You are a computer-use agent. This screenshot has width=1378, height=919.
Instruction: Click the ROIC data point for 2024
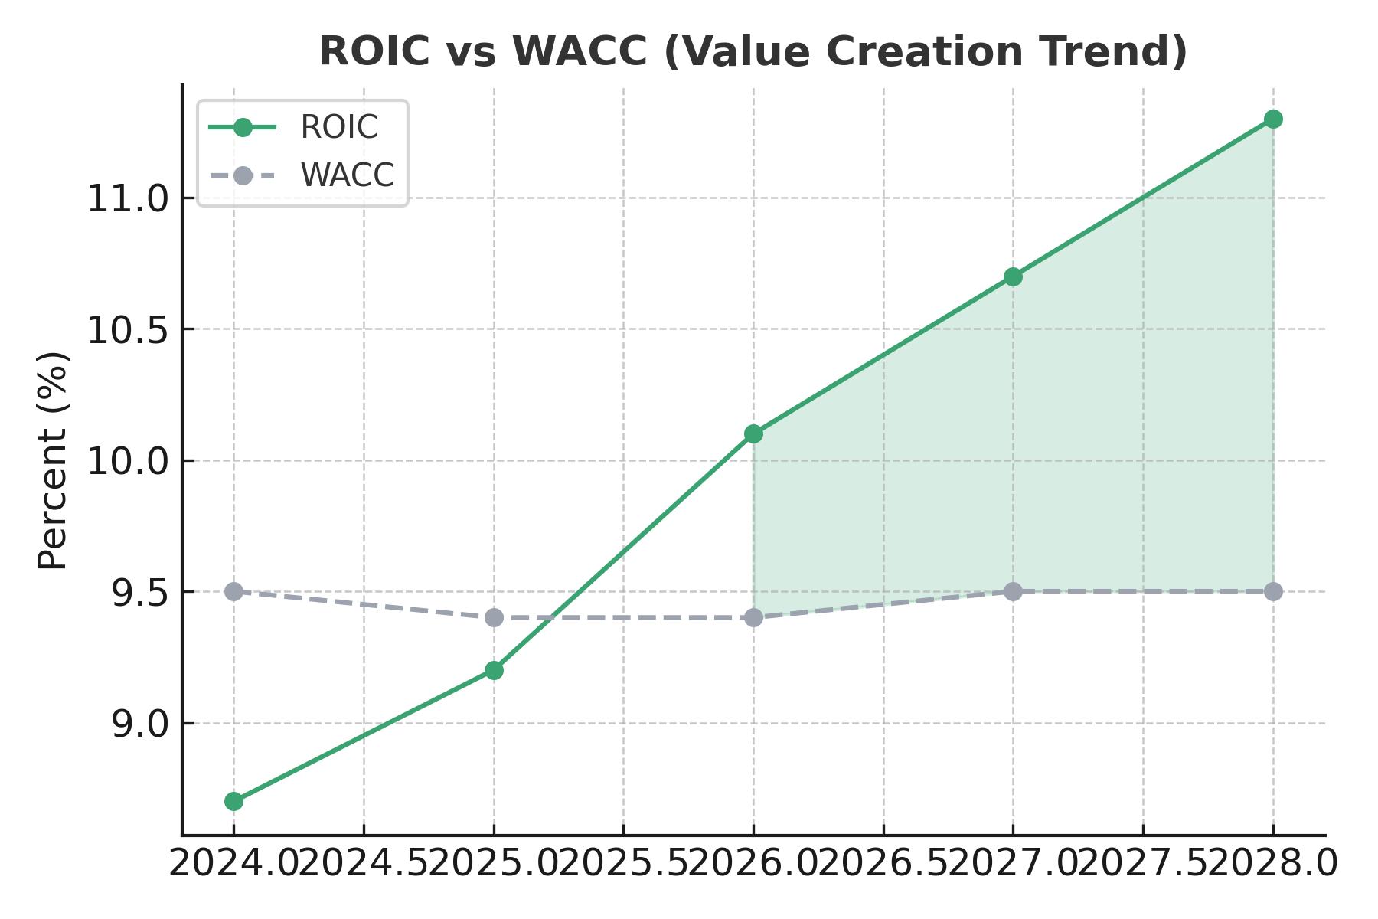(233, 801)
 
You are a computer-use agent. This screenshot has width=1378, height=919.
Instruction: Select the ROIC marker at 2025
(494, 670)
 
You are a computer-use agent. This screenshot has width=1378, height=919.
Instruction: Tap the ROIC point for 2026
(753, 433)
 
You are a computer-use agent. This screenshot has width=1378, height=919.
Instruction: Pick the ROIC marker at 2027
(1013, 276)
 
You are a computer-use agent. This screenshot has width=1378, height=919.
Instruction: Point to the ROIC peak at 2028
(1273, 119)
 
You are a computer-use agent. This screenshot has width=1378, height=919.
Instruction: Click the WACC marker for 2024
(233, 591)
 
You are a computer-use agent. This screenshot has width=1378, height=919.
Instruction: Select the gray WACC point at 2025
(494, 617)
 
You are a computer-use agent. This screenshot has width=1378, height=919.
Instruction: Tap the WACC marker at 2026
(753, 617)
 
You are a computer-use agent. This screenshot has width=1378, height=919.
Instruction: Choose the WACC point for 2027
(1013, 591)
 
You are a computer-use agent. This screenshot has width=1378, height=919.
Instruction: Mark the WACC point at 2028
(1273, 591)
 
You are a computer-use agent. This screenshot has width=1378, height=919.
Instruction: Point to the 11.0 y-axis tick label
(127, 199)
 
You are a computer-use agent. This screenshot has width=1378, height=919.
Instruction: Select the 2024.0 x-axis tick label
(233, 865)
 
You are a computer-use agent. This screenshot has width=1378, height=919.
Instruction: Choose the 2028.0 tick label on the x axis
(1273, 865)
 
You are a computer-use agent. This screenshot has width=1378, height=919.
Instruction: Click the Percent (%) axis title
(53, 460)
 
